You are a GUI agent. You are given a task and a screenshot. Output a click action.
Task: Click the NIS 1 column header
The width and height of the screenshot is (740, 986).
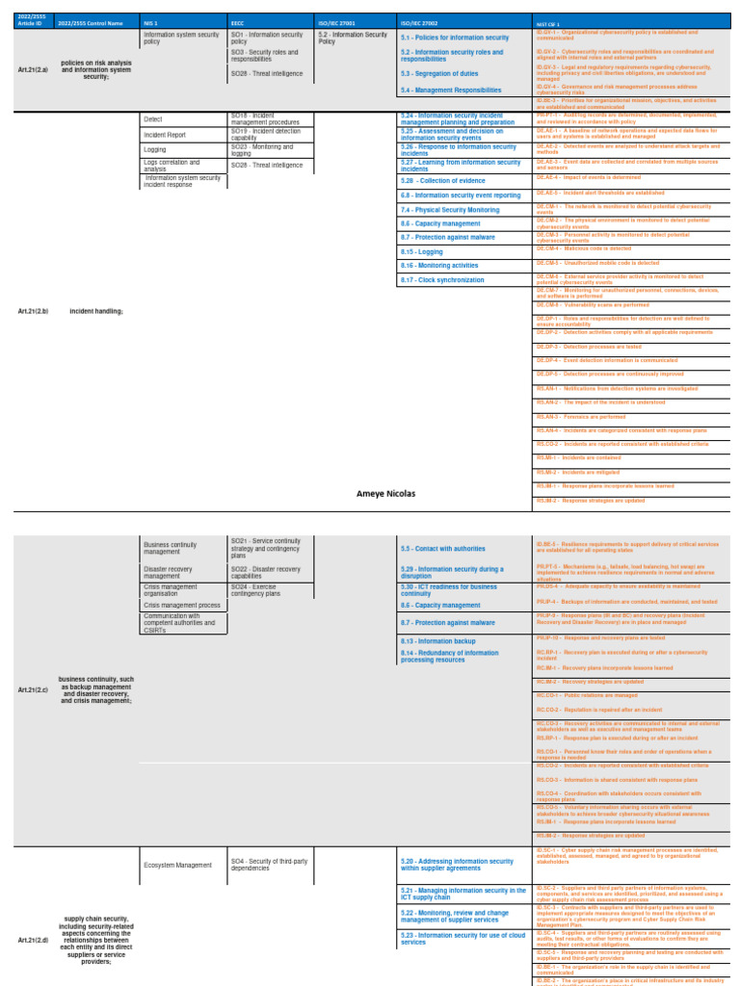[150, 21]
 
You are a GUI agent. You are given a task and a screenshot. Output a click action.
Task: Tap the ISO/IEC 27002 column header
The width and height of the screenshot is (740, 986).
[417, 21]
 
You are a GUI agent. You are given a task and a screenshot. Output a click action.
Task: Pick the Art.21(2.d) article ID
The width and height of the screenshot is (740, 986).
[33, 939]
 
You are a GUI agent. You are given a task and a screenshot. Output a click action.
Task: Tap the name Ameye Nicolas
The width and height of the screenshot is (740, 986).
[385, 493]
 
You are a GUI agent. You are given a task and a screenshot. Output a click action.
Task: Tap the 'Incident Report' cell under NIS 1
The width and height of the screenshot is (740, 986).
[165, 135]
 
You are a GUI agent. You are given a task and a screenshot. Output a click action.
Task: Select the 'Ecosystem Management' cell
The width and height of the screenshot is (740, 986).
[177, 865]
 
